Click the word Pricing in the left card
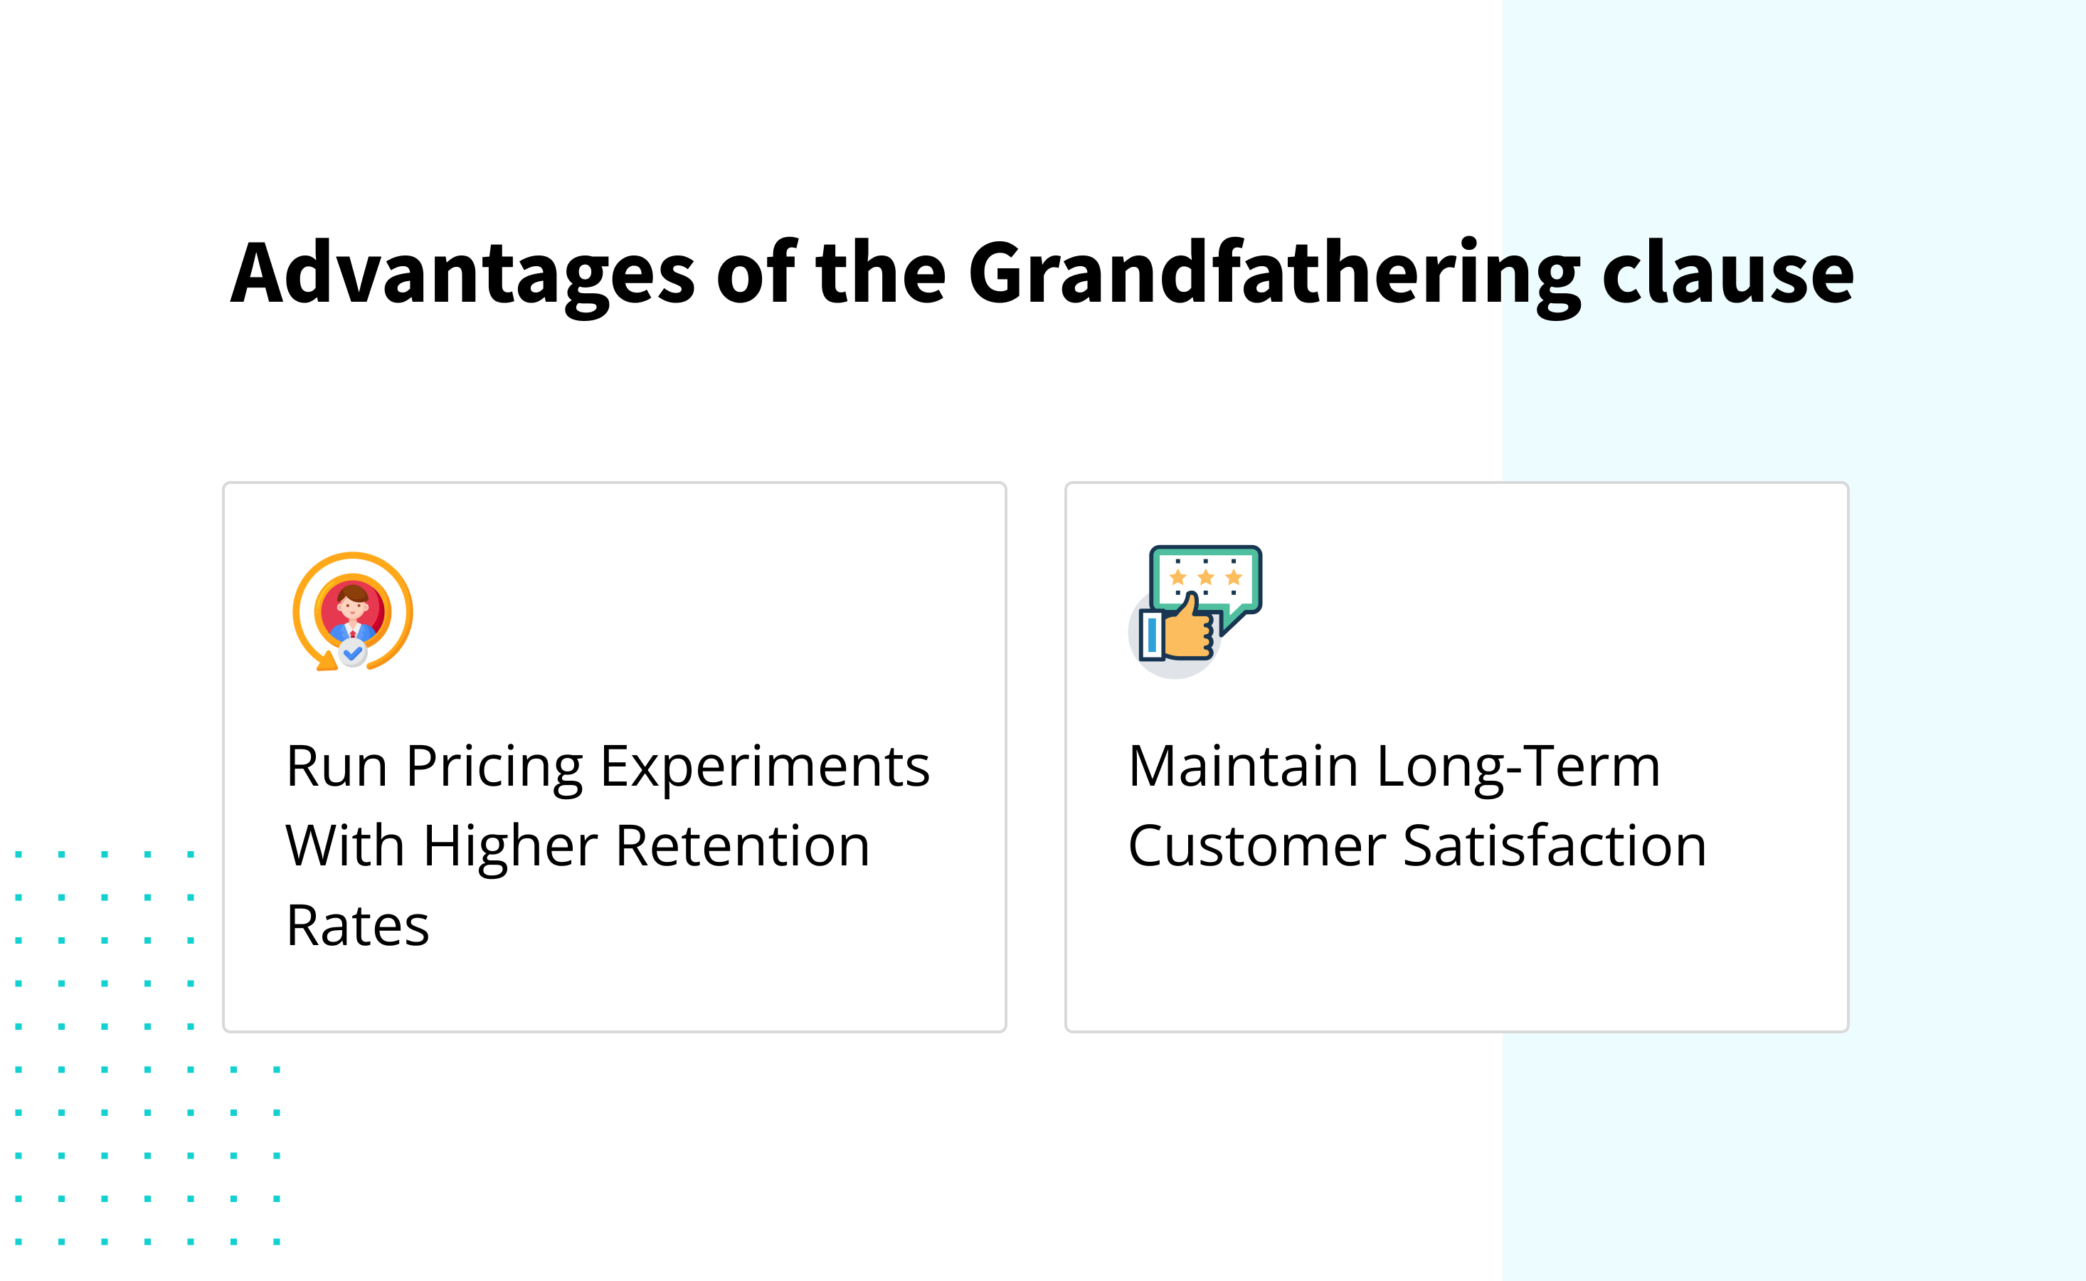(494, 766)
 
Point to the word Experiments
(764, 766)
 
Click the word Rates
(357, 925)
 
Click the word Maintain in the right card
(1242, 766)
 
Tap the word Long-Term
(1518, 766)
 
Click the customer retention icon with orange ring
(352, 611)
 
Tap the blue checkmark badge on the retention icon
(352, 653)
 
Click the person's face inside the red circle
(352, 603)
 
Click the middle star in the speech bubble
(1205, 577)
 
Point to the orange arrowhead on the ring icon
(325, 663)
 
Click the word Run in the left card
(337, 766)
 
